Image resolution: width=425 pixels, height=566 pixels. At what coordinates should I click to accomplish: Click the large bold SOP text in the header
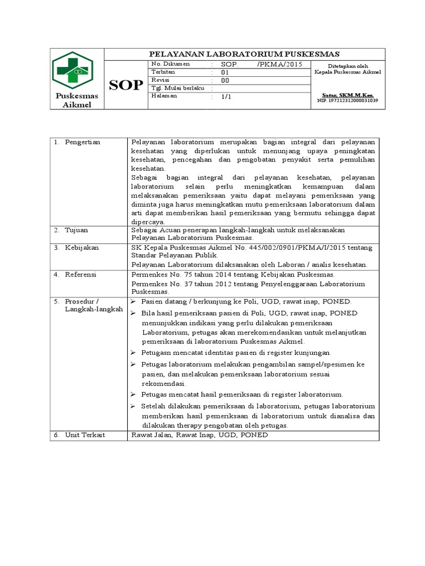126,85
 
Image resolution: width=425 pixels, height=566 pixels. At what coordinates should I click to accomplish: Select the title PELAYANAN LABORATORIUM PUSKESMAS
245,54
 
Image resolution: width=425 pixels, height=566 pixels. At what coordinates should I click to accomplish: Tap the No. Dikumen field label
170,64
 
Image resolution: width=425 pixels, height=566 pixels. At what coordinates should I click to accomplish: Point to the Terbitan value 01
225,72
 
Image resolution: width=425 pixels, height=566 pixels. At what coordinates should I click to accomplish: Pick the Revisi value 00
225,80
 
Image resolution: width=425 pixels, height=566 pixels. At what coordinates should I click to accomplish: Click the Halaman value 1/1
226,96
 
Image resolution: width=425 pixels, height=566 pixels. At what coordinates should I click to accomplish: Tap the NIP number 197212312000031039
347,101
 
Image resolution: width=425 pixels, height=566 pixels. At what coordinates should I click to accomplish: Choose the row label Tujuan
76,229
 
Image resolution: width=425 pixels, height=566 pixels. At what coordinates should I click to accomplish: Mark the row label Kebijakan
81,248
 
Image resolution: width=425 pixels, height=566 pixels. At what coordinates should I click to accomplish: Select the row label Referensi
81,274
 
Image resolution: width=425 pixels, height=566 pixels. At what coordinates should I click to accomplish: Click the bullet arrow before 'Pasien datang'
133,301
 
